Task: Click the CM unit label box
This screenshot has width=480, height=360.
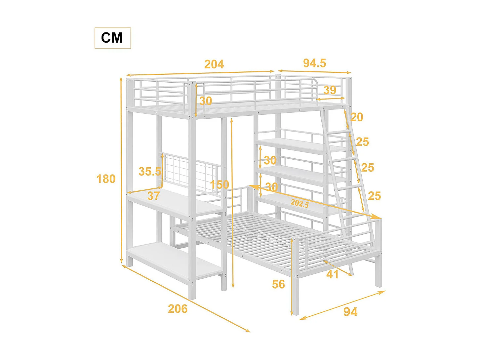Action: point(112,38)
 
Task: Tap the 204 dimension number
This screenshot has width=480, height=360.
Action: point(214,64)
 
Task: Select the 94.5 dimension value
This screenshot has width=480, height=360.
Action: point(314,63)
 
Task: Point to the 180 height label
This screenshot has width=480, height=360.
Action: point(106,179)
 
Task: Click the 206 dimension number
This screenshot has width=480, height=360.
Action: point(178,308)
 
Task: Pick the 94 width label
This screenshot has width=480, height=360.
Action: point(350,311)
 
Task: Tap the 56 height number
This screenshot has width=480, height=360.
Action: point(278,284)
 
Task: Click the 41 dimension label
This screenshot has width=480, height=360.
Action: point(332,274)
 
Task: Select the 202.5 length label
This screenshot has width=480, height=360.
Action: point(300,203)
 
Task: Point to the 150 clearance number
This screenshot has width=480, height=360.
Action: point(220,184)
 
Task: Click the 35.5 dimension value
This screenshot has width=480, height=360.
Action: point(149,171)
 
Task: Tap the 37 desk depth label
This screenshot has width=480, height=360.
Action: point(153,196)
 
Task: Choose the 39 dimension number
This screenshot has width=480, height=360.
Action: point(330,90)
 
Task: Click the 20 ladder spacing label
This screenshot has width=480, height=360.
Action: point(357,117)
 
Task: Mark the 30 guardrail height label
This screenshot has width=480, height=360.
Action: point(206,101)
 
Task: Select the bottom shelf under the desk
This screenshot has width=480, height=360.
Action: point(172,261)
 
